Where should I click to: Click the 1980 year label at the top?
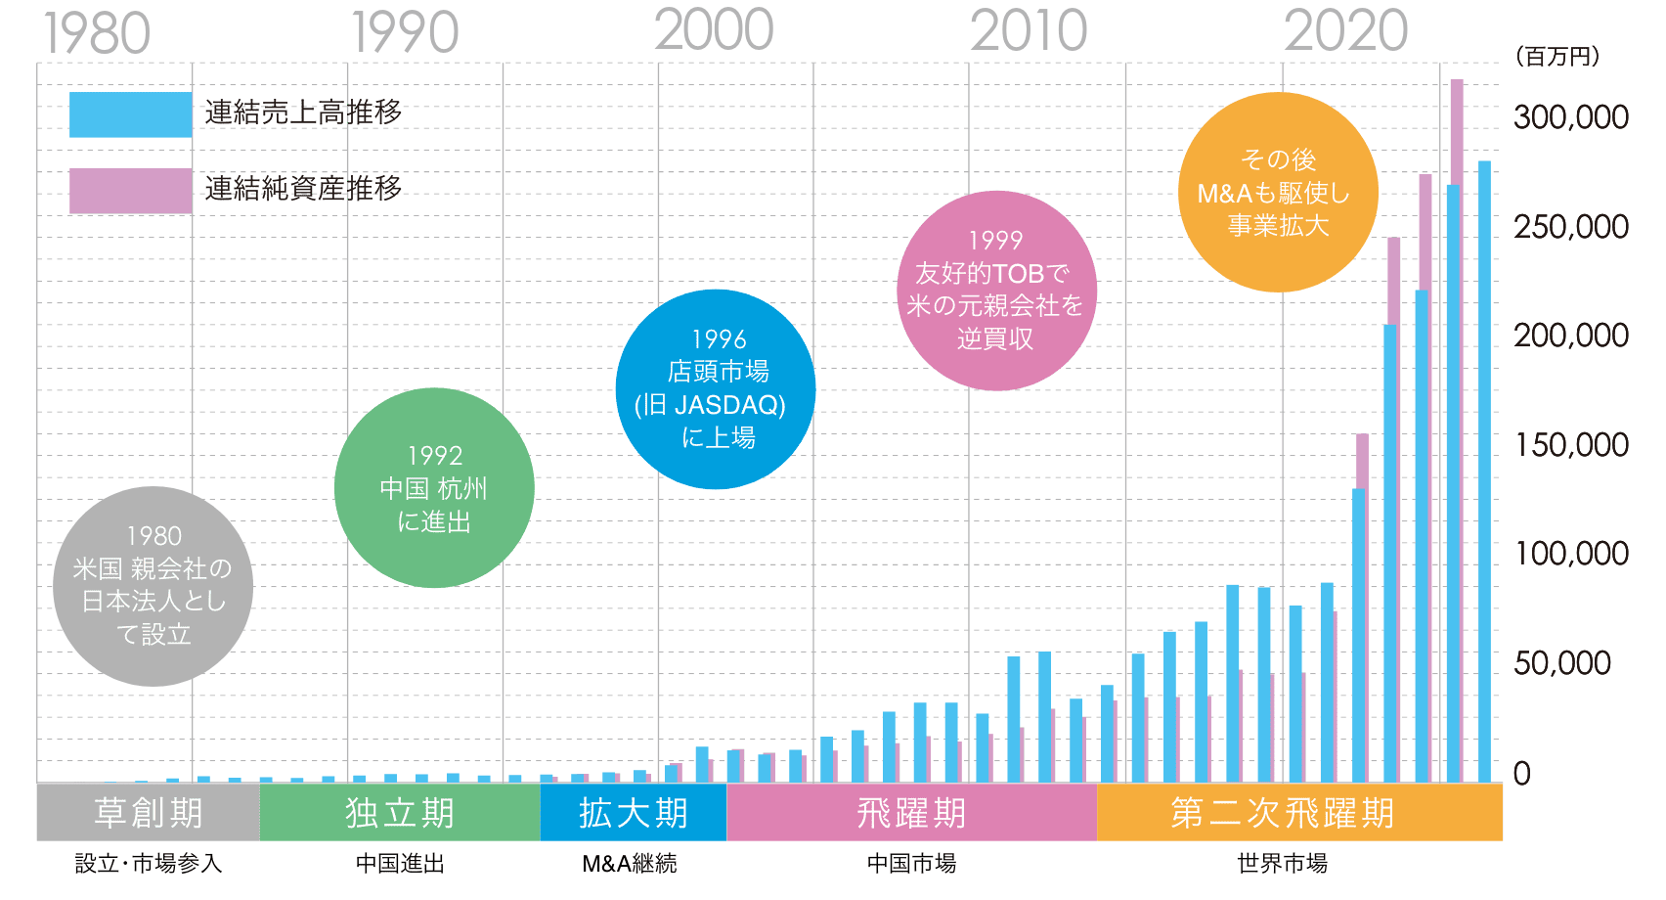[97, 33]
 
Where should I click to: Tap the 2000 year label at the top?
[714, 30]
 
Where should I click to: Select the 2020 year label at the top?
[1345, 30]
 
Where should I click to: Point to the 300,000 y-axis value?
[1571, 117]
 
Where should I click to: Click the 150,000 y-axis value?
[1571, 445]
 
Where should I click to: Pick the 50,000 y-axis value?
[1562, 663]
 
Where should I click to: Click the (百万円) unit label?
[1557, 57]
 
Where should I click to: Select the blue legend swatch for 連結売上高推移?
[130, 114]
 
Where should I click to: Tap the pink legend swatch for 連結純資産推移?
[130, 190]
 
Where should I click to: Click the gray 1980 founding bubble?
[153, 586]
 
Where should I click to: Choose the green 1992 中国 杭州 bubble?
[433, 487]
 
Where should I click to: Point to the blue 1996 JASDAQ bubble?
[716, 388]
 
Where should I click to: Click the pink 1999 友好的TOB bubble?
[996, 290]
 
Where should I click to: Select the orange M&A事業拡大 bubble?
[1278, 192]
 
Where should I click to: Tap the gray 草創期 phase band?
[148, 812]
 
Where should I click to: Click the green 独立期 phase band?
[399, 812]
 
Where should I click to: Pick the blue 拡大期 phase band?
[633, 812]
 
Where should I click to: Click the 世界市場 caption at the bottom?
[1282, 864]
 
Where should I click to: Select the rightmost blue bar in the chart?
[1484, 470]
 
